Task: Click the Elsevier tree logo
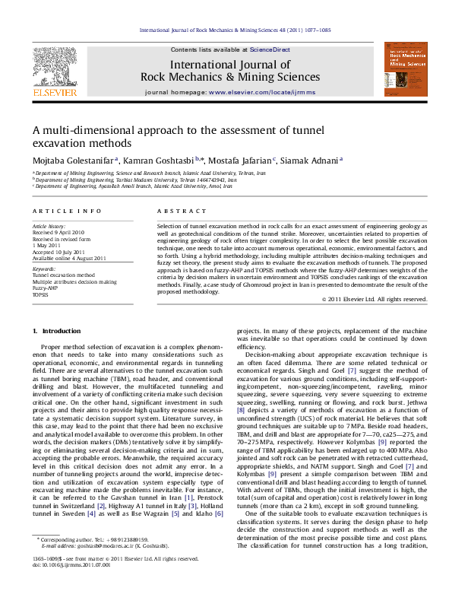[54, 66]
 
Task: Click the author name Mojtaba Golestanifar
[73, 161]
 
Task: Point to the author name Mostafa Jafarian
[240, 161]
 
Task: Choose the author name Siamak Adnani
[310, 161]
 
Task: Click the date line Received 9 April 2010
[58, 232]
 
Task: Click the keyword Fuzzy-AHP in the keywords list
[45, 288]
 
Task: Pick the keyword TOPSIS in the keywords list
[40, 294]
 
